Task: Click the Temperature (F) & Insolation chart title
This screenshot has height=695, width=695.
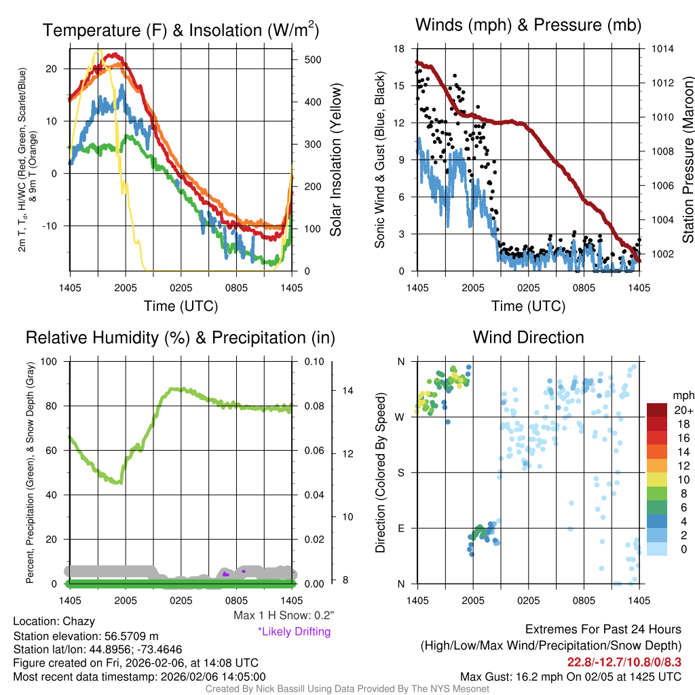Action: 181,30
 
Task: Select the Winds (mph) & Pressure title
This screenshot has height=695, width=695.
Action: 528,25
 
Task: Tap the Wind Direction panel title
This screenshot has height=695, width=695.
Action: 528,337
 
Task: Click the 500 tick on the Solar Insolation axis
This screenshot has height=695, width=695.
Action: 312,60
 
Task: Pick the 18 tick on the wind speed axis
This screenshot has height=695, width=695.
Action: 399,49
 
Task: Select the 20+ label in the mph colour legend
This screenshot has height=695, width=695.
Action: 683,411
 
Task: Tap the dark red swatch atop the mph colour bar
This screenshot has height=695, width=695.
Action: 657,411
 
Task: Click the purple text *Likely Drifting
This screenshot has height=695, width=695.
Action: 294,631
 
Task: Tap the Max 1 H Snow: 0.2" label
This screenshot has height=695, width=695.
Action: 284,616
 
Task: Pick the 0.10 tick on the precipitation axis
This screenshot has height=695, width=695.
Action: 314,362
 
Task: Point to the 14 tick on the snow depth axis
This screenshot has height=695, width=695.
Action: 348,391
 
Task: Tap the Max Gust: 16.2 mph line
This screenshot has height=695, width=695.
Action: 571,677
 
